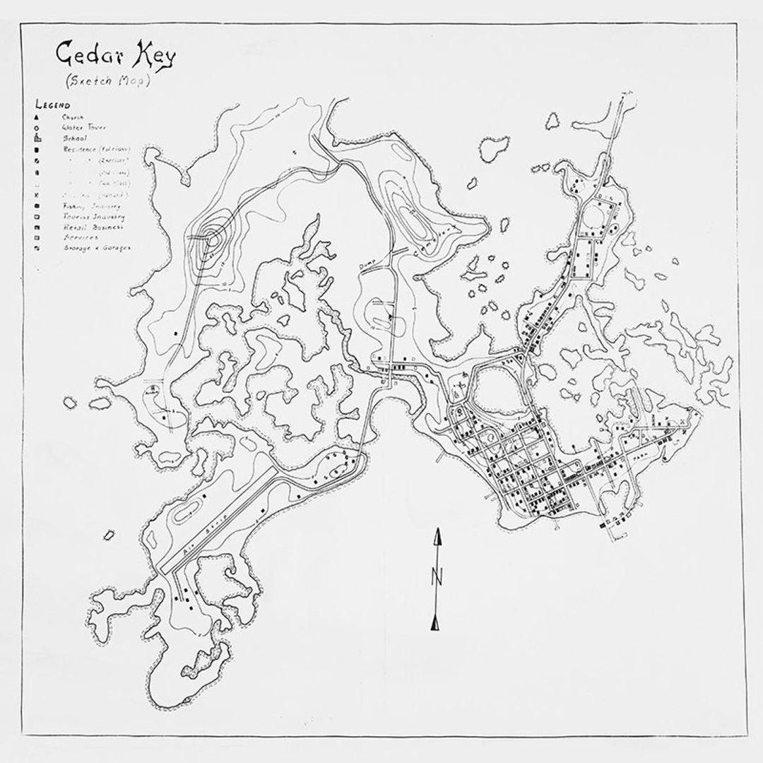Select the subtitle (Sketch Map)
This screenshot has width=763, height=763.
(x=107, y=80)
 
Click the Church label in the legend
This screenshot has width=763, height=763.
(x=73, y=117)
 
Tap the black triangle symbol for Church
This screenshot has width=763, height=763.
(x=35, y=117)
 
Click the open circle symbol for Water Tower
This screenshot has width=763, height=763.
(x=35, y=128)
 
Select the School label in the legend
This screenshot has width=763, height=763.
(x=75, y=138)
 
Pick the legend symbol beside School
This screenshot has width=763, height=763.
(x=35, y=138)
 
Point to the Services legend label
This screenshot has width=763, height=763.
(x=77, y=238)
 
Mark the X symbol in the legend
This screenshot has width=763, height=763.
(x=35, y=194)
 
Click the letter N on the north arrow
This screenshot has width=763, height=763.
(x=437, y=576)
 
